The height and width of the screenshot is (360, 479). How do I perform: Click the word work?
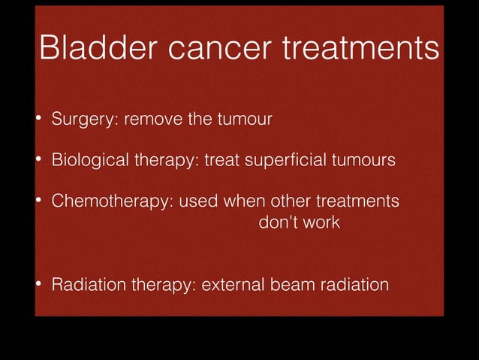click(x=321, y=223)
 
